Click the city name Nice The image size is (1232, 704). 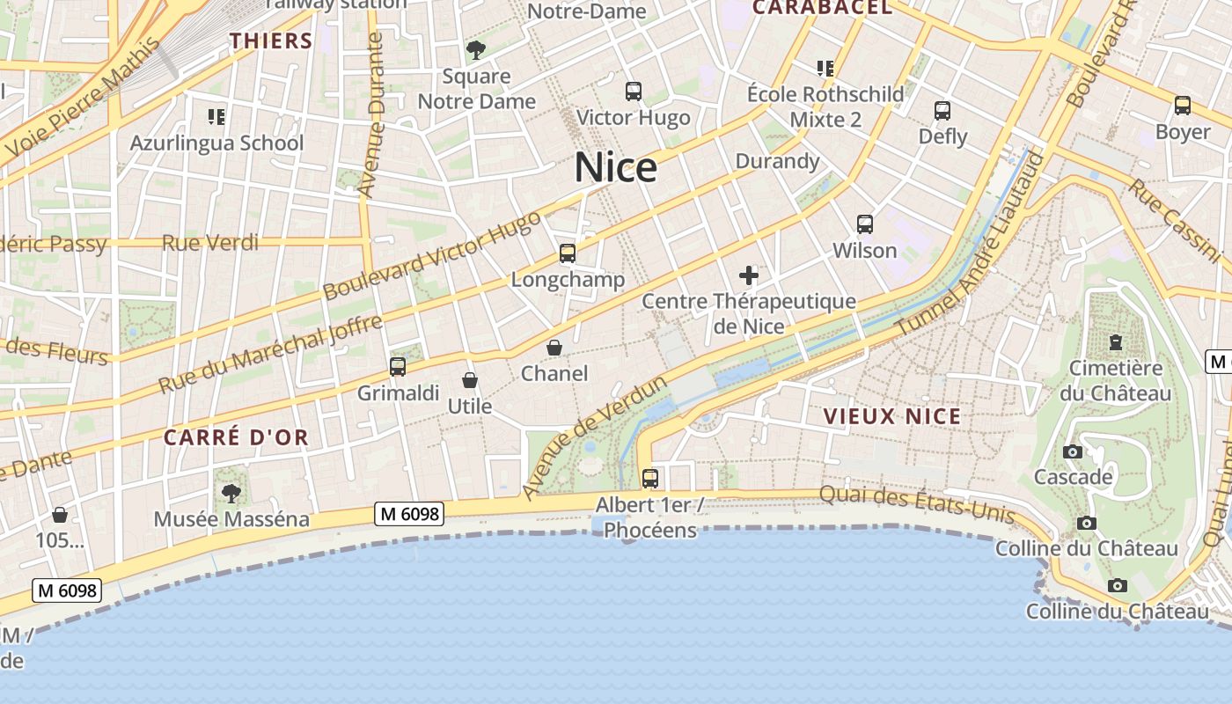[x=615, y=167]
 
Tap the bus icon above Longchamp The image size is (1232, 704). [x=568, y=253]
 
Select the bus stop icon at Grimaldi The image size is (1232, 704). [x=398, y=366]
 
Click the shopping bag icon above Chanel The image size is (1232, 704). [x=554, y=348]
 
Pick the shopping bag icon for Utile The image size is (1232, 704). [x=470, y=380]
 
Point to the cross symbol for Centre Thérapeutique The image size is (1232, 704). [x=749, y=275]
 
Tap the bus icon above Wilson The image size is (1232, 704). [x=865, y=224]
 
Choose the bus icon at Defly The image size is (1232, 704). [x=942, y=111]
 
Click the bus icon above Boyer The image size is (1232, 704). [x=1183, y=106]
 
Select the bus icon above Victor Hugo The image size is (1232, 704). [x=633, y=91]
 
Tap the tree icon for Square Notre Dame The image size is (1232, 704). [x=476, y=50]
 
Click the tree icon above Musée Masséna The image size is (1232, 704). [x=231, y=493]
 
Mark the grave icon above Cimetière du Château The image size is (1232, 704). [x=1116, y=341]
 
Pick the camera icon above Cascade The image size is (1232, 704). [x=1073, y=451]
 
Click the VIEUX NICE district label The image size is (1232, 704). [x=892, y=416]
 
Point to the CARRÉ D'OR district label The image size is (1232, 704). [x=236, y=437]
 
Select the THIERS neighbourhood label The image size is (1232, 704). [x=271, y=40]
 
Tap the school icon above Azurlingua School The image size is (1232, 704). [x=216, y=116]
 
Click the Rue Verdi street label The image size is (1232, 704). [x=210, y=242]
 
